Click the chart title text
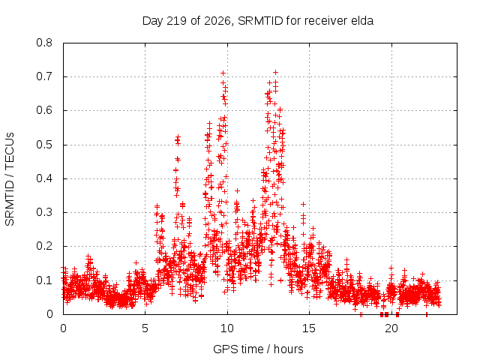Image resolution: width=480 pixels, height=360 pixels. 258,21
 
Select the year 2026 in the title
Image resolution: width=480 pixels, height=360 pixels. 217,21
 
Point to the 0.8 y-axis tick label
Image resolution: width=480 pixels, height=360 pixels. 44,43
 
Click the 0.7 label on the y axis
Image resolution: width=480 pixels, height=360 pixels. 44,76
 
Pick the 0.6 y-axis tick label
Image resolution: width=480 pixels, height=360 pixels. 44,110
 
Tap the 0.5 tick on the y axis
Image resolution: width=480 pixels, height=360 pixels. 44,145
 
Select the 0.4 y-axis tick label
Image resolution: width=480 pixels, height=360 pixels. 44,178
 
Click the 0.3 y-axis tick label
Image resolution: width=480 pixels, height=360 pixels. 44,212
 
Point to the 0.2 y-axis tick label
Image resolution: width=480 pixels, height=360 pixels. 44,246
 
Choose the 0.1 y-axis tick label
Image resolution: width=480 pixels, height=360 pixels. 44,280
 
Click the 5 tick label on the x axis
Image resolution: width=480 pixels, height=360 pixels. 145,328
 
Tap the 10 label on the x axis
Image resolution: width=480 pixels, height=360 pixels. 226,328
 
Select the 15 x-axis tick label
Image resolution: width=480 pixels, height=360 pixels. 309,328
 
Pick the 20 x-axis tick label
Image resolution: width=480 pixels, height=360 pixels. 391,328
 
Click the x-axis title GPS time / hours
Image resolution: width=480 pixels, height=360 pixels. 258,349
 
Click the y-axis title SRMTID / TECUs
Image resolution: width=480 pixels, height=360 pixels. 10,179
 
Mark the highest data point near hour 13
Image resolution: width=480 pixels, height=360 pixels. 275,73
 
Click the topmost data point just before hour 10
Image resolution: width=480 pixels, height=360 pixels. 223,73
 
